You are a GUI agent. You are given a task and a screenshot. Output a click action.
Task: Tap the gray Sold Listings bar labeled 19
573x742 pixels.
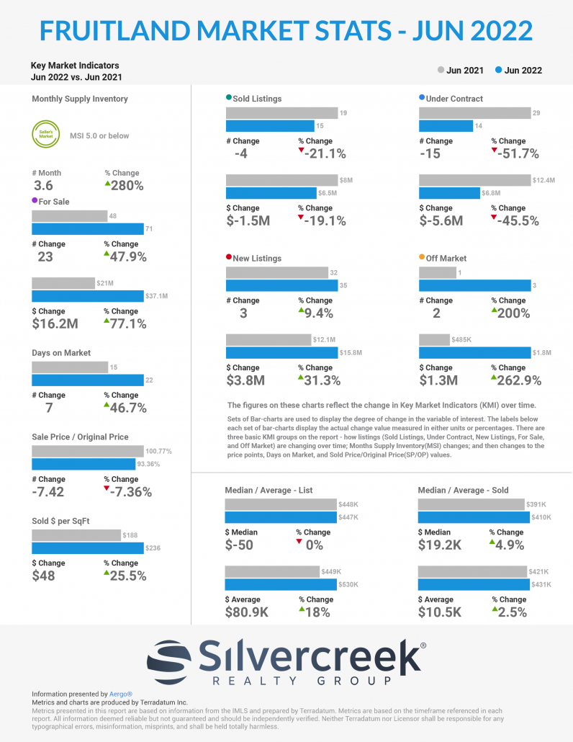pyautogui.click(x=281, y=113)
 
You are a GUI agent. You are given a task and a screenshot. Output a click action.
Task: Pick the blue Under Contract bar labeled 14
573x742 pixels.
pyautogui.click(x=446, y=126)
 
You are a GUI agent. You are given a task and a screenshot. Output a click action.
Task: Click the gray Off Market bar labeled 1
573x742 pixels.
pyautogui.click(x=437, y=272)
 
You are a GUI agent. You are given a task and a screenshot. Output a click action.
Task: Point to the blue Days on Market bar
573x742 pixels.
pyautogui.click(x=87, y=380)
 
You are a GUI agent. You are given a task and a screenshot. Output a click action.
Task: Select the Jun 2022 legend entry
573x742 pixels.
pyautogui.click(x=518, y=71)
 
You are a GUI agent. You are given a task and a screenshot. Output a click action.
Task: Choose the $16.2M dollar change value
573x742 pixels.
pyautogui.click(x=55, y=324)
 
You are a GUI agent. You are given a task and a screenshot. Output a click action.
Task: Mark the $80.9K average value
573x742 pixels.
pyautogui.click(x=247, y=612)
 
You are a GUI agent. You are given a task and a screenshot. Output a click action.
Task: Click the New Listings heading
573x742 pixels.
pyautogui.click(x=257, y=258)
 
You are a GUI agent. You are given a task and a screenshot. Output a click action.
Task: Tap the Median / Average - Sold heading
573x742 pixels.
pyautogui.click(x=463, y=490)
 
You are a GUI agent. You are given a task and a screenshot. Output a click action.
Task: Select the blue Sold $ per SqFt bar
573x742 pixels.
pyautogui.click(x=87, y=548)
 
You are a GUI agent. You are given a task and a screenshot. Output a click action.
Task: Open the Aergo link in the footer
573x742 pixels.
pyautogui.click(x=121, y=694)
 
